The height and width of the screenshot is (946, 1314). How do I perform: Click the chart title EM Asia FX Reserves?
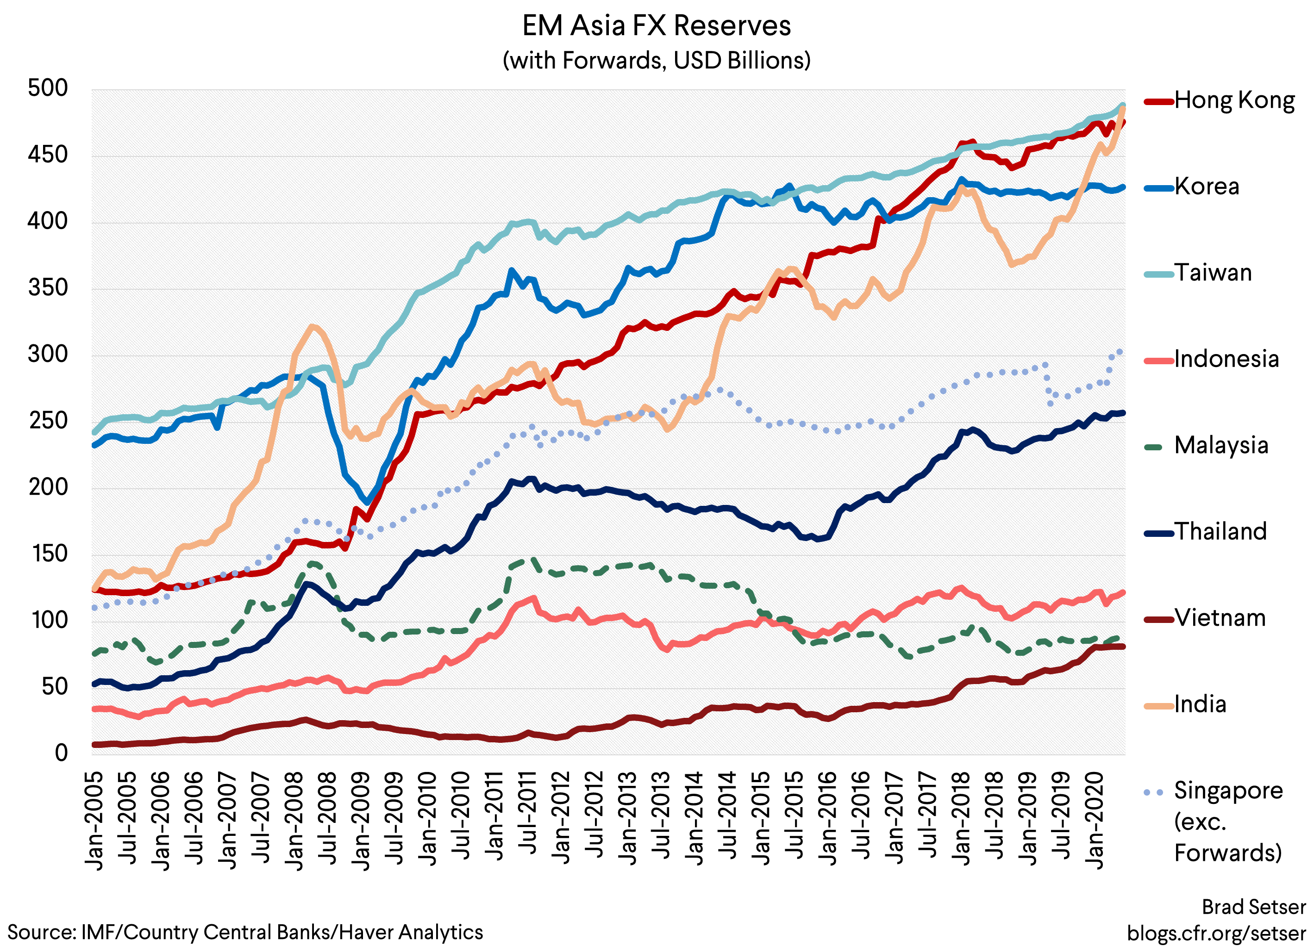[657, 26]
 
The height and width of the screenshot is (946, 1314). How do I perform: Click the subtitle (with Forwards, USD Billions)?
[657, 60]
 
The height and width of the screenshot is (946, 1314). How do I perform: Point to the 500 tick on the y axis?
[48, 89]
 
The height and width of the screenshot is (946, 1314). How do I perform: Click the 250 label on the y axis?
[48, 421]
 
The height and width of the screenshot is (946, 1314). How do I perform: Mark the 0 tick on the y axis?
[61, 753]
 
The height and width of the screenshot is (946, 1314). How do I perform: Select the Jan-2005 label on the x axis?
[94, 820]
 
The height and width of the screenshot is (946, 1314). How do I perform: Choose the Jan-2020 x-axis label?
[1095, 820]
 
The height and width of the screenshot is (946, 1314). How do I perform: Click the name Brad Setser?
[1253, 907]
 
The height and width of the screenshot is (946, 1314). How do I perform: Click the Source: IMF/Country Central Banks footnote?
[245, 932]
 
